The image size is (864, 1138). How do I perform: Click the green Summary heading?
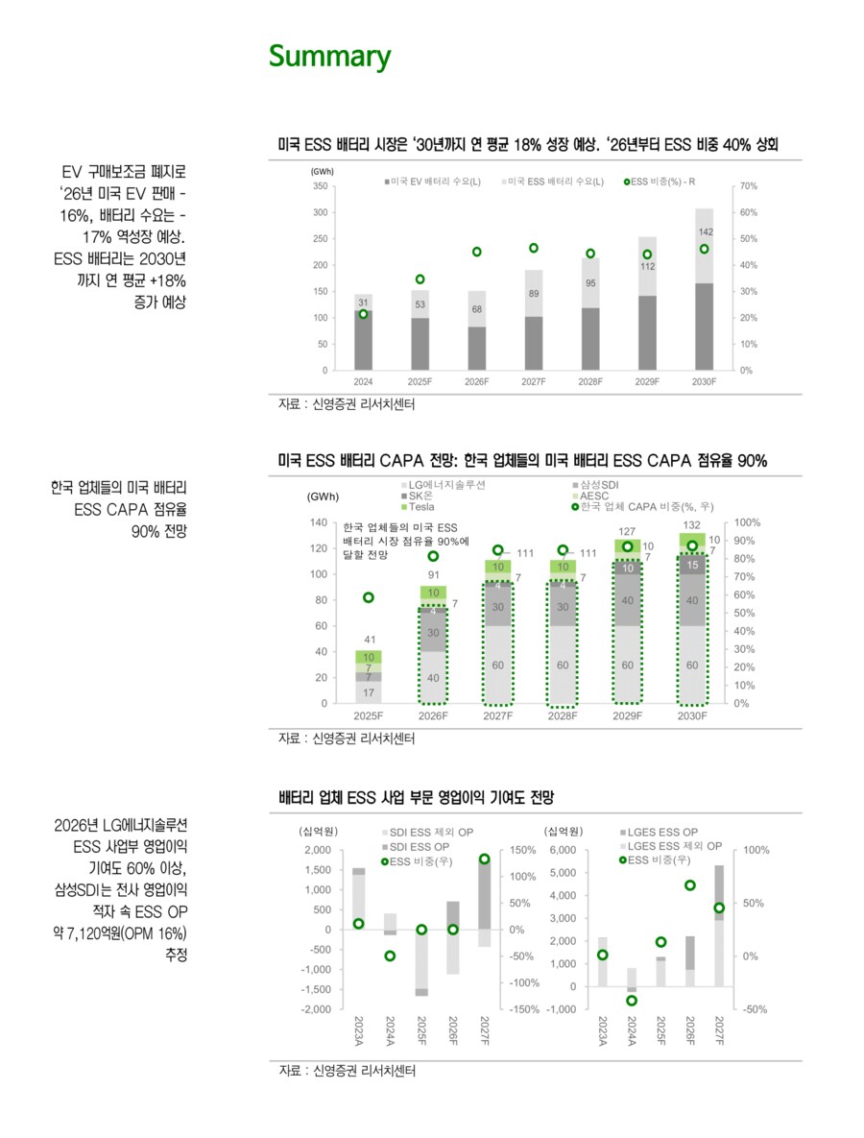coord(329,57)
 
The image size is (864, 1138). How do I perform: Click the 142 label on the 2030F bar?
coord(706,232)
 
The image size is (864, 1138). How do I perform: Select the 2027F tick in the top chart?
coord(533,381)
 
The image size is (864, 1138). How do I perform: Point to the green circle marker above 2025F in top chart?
coord(420,279)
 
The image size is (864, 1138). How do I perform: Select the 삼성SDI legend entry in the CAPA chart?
coord(601,484)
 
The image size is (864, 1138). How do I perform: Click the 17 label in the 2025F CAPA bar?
coord(370,691)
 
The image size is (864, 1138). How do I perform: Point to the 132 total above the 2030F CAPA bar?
coord(691,524)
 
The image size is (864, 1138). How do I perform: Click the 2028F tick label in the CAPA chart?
coord(563,716)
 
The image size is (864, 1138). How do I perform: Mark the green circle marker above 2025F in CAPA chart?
coord(370,597)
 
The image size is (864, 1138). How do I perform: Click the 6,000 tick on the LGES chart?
coord(563,851)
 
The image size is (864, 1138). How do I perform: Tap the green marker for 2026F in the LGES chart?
coord(689,885)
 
